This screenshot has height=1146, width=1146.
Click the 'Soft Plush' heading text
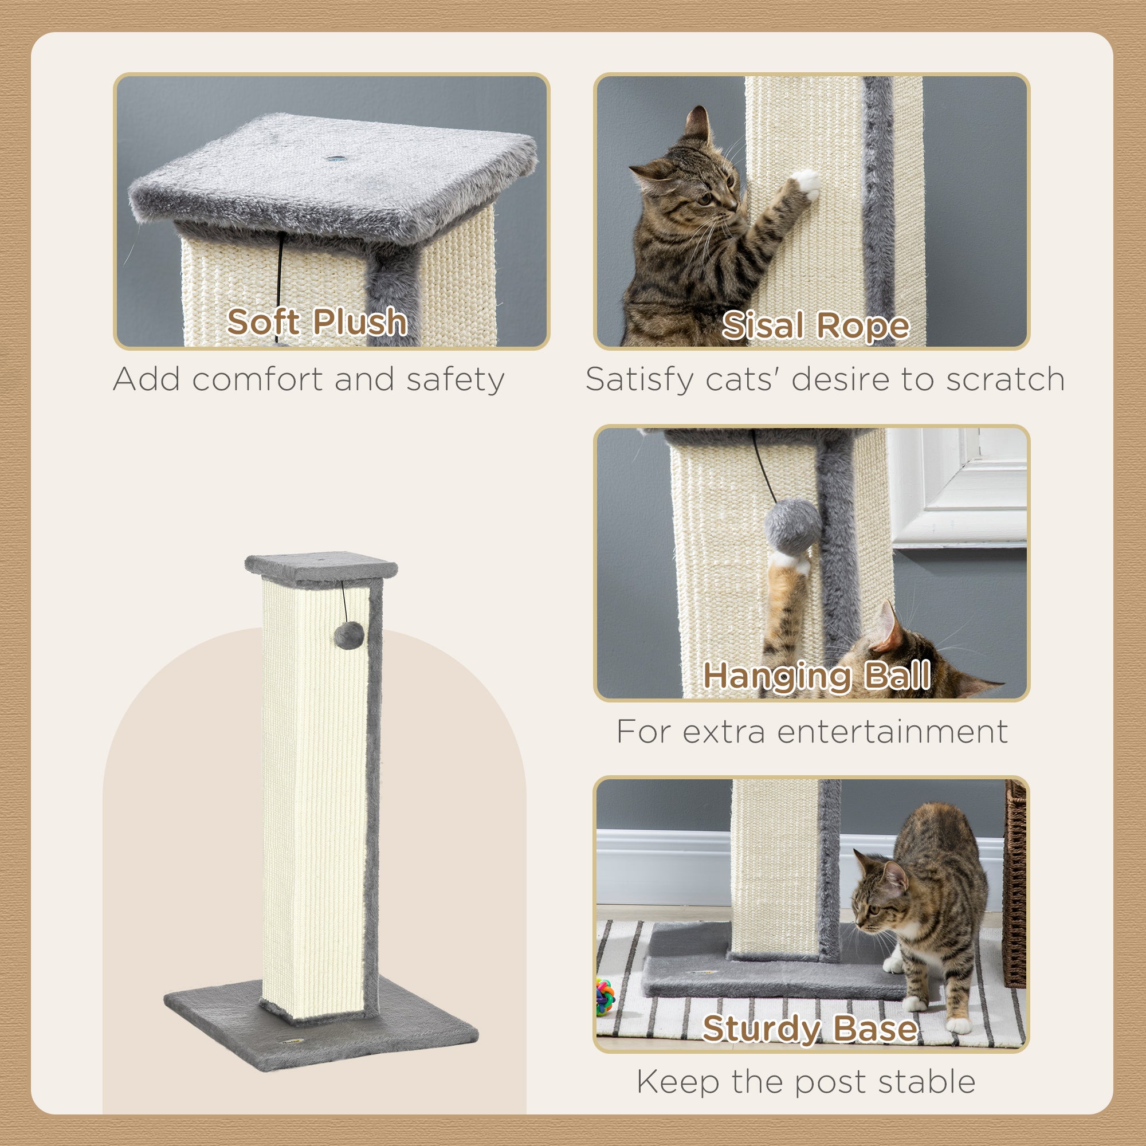(x=317, y=322)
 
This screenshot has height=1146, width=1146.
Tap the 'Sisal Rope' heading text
(x=815, y=325)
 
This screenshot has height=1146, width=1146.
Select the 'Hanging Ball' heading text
(x=817, y=676)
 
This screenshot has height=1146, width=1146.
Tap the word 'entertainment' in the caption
(x=892, y=731)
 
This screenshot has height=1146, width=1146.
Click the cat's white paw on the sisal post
(x=807, y=183)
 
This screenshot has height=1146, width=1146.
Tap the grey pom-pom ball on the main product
(x=349, y=635)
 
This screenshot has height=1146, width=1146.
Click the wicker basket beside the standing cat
(x=1015, y=884)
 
